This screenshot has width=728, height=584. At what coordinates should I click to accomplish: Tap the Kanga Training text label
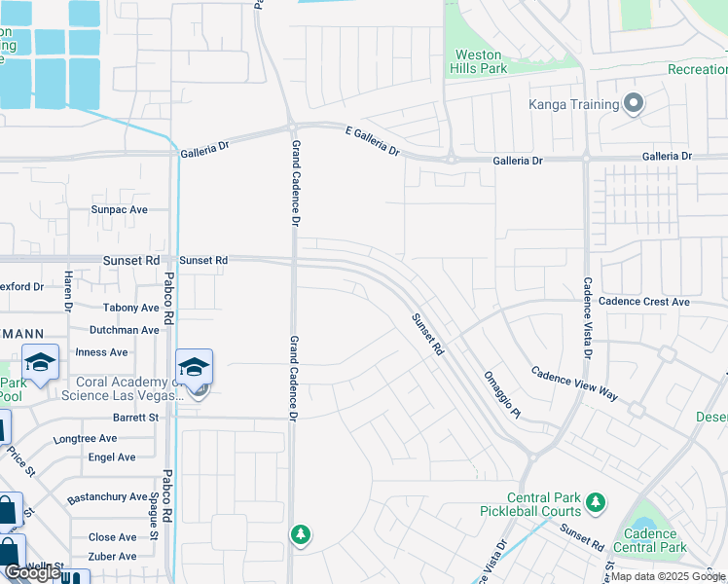pyautogui.click(x=574, y=104)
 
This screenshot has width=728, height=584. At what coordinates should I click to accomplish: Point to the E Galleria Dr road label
pyautogui.click(x=373, y=138)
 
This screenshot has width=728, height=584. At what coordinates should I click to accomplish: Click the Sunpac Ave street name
pyautogui.click(x=119, y=209)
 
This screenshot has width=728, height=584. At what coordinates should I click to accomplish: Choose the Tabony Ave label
pyautogui.click(x=130, y=308)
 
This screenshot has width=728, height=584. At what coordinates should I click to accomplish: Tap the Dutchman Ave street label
pyautogui.click(x=124, y=330)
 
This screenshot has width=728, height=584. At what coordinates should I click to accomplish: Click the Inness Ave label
pyautogui.click(x=102, y=352)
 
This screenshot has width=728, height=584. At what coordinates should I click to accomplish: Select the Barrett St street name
pyautogui.click(x=135, y=418)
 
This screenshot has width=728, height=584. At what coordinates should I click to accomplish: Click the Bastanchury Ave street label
pyautogui.click(x=107, y=498)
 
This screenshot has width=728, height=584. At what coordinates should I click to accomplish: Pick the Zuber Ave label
pyautogui.click(x=113, y=557)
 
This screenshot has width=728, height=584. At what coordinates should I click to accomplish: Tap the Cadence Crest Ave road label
pyautogui.click(x=644, y=302)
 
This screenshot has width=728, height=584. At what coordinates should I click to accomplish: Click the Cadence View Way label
pyautogui.click(x=574, y=383)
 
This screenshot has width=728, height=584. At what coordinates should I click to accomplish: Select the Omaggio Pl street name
pyautogui.click(x=502, y=394)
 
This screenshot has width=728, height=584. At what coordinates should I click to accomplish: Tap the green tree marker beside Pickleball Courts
pyautogui.click(x=595, y=503)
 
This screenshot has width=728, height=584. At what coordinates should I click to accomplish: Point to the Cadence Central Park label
pyautogui.click(x=656, y=540)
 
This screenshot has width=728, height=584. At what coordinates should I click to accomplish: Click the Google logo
pyautogui.click(x=32, y=572)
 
